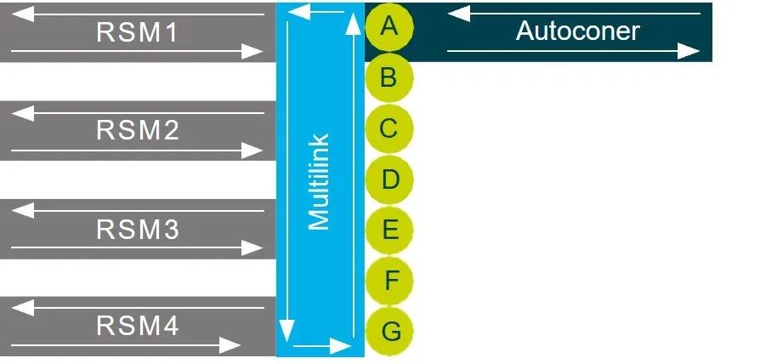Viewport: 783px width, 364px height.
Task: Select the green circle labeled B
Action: pyautogui.click(x=389, y=78)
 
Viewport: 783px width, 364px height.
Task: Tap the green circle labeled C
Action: pyautogui.click(x=389, y=129)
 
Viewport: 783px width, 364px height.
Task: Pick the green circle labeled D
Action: pyautogui.click(x=389, y=179)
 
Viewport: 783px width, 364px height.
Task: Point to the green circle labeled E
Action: pyautogui.click(x=389, y=230)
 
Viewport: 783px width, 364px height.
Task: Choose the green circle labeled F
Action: pyautogui.click(x=389, y=281)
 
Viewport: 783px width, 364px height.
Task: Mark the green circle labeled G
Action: pyautogui.click(x=389, y=331)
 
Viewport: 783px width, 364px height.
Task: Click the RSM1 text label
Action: pyautogui.click(x=137, y=32)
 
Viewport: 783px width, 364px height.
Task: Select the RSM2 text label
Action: pyautogui.click(x=137, y=130)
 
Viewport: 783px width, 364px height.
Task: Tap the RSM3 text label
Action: pyautogui.click(x=137, y=230)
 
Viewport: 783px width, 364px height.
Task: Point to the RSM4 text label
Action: pyautogui.click(x=137, y=327)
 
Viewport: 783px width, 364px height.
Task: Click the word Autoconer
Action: pyautogui.click(x=577, y=31)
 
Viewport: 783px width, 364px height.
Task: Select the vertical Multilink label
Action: pyautogui.click(x=319, y=181)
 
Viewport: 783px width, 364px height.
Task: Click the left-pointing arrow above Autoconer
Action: pyautogui.click(x=574, y=14)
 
